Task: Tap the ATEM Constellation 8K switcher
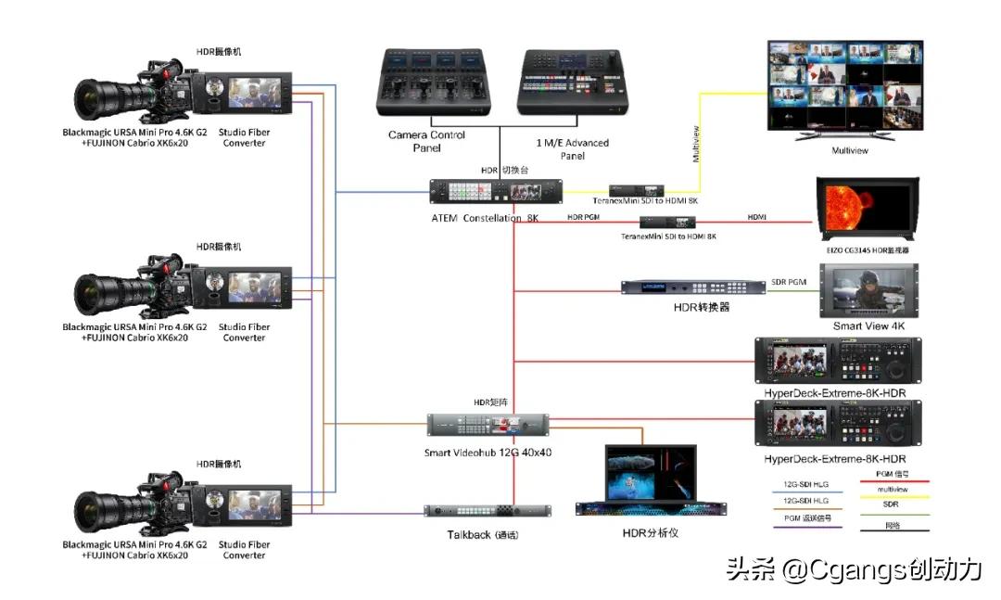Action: click(x=495, y=191)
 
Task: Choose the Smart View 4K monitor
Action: click(x=869, y=291)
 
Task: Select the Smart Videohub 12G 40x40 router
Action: click(x=488, y=426)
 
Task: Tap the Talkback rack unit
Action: click(x=488, y=511)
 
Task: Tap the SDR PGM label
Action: click(x=790, y=281)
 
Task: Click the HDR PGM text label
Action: click(x=583, y=217)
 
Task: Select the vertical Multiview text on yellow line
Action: click(x=696, y=145)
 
